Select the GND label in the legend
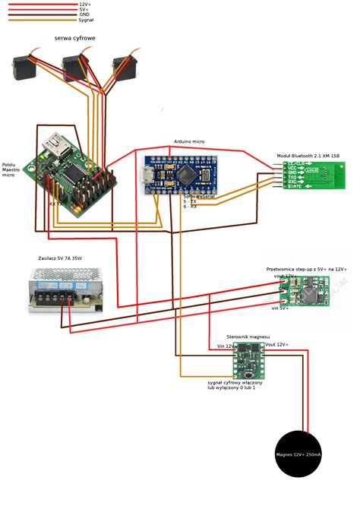84,14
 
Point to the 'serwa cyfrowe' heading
74,37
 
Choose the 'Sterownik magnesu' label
248,336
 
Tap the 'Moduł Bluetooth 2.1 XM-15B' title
308,155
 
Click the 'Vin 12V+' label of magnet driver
226,346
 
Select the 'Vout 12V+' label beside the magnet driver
276,345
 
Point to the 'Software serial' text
199,196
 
